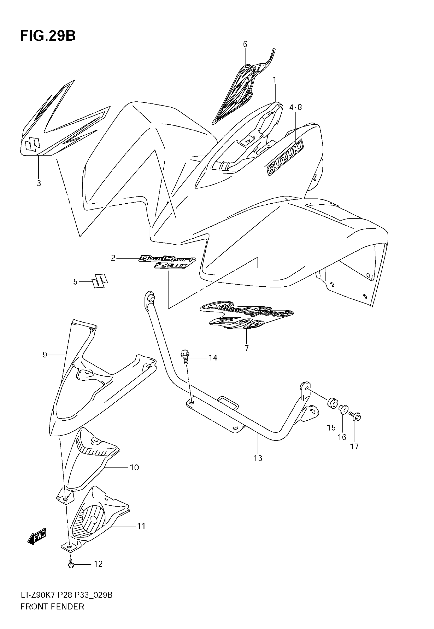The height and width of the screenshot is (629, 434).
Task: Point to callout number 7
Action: click(x=247, y=348)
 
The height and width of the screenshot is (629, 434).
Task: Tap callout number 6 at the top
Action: click(x=245, y=44)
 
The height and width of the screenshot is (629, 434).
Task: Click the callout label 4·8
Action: click(x=295, y=108)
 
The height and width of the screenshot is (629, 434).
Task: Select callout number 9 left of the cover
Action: click(x=45, y=355)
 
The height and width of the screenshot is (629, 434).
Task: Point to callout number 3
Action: click(x=39, y=183)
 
